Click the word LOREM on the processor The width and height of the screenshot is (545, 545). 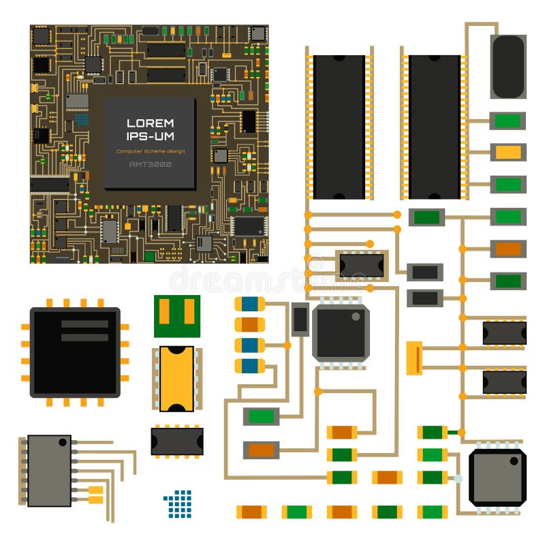150,123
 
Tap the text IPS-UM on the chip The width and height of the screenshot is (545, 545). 150,137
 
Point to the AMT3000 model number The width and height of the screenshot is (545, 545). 150,164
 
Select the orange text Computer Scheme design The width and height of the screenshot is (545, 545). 150,151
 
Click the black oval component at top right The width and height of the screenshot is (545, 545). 508,67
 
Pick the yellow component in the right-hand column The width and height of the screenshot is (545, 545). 508,152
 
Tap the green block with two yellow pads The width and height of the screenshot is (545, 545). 177,315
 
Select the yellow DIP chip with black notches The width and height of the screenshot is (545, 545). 177,379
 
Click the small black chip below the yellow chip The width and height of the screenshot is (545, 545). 177,441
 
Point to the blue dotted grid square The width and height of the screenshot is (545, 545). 178,503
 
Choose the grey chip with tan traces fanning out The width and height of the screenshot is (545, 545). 49,470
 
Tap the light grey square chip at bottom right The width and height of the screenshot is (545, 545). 497,477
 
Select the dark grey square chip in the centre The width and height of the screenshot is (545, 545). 341,332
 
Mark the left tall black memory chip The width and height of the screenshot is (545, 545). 339,127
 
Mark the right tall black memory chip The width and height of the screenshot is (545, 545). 435,127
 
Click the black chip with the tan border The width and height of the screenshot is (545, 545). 362,265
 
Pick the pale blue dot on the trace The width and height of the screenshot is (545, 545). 458,479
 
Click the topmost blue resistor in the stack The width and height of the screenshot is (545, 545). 250,304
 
